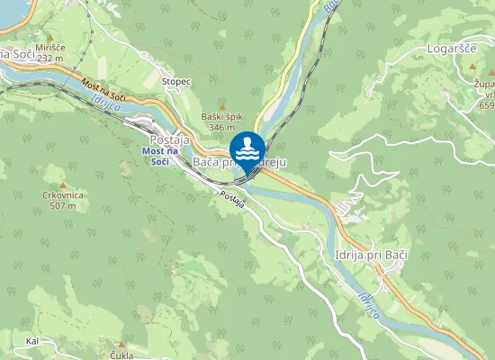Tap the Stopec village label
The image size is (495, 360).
(176, 81)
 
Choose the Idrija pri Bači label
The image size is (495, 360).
(370, 256)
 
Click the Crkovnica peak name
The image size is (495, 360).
(63, 195)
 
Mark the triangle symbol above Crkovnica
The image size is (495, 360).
(63, 184)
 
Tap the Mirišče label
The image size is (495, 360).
(50, 47)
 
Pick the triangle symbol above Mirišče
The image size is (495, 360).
(50, 37)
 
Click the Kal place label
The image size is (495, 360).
(33, 341)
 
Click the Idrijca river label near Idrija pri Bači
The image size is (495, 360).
(370, 307)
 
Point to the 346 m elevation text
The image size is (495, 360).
(221, 128)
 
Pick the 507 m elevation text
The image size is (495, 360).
(63, 206)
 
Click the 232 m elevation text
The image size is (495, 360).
(50, 58)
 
